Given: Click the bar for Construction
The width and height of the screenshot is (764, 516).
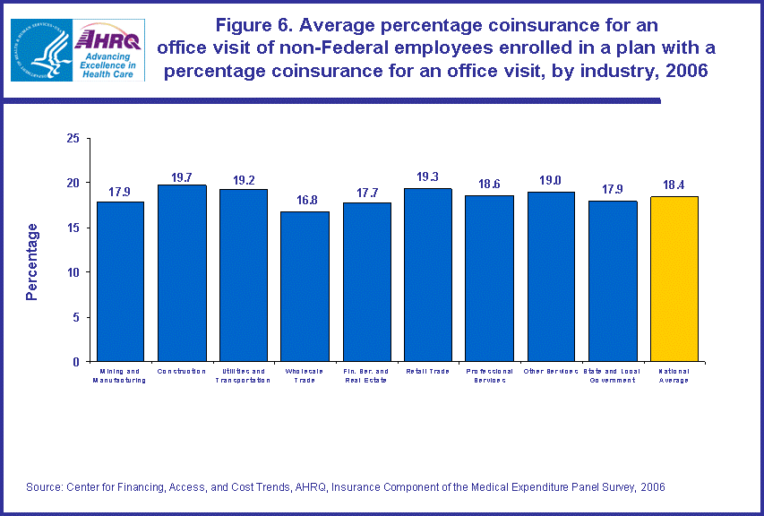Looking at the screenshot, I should tap(182, 273).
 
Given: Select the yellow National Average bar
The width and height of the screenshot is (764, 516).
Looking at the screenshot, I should tap(674, 279).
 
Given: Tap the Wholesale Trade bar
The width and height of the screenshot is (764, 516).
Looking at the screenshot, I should tap(305, 287).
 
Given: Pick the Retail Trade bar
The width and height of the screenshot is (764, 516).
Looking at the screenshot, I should tap(427, 275).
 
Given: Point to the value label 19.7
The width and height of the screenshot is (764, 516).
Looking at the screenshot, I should tap(182, 177).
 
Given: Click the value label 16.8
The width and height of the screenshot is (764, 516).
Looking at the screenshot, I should tap(305, 203).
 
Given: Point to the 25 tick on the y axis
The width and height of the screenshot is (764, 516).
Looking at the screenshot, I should tap(73, 138).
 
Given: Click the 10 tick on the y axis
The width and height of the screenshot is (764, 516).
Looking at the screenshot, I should tap(73, 272).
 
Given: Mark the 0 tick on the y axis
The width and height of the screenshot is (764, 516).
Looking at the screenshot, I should tap(77, 362).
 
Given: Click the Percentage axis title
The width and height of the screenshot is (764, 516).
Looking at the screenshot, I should tap(32, 262).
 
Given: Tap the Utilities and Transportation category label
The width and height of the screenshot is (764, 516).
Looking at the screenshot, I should tap(243, 375).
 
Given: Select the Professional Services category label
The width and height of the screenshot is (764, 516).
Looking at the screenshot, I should tap(489, 375).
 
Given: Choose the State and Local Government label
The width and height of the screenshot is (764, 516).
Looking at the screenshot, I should tap(613, 375).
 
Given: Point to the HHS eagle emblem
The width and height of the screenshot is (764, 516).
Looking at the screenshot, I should tap(39, 50).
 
